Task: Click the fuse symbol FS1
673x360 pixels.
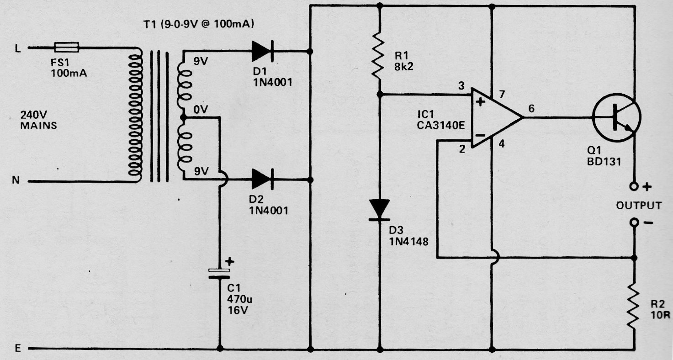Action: click(66, 47)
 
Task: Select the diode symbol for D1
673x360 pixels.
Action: click(262, 51)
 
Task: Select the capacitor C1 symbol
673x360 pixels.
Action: click(220, 274)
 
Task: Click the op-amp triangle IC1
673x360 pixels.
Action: click(496, 117)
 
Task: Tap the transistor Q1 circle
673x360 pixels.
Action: click(616, 117)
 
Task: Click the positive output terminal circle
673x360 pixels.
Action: click(634, 187)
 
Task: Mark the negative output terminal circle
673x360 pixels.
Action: click(634, 222)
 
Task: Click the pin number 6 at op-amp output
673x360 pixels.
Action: click(531, 108)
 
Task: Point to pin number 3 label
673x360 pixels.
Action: click(461, 86)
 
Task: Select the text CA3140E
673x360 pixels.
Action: click(441, 125)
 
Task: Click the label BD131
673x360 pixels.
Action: click(604, 162)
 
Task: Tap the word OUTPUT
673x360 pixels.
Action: click(639, 206)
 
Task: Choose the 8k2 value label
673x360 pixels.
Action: click(404, 66)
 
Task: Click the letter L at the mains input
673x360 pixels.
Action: click(18, 49)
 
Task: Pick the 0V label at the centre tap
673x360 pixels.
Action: click(201, 109)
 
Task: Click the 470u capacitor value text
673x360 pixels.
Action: click(240, 299)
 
